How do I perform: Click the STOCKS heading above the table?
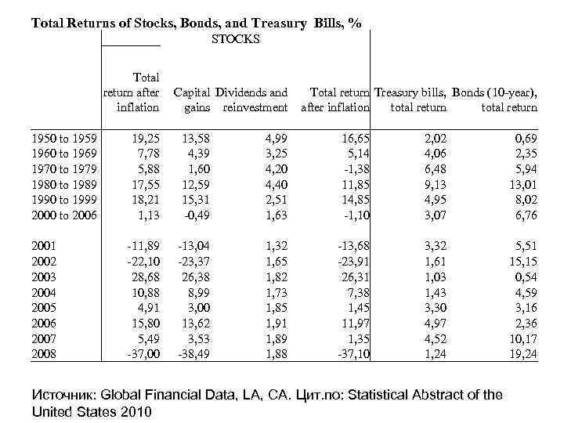point(236,39)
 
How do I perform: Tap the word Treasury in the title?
point(287,23)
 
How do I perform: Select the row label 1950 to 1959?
point(63,139)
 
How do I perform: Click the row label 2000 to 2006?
point(63,215)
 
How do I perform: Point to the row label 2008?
point(45,355)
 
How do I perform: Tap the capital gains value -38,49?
point(196,355)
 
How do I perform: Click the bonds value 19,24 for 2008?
point(521,355)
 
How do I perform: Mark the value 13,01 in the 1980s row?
point(521,184)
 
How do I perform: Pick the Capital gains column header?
point(192,100)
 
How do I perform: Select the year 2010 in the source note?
point(136,411)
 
